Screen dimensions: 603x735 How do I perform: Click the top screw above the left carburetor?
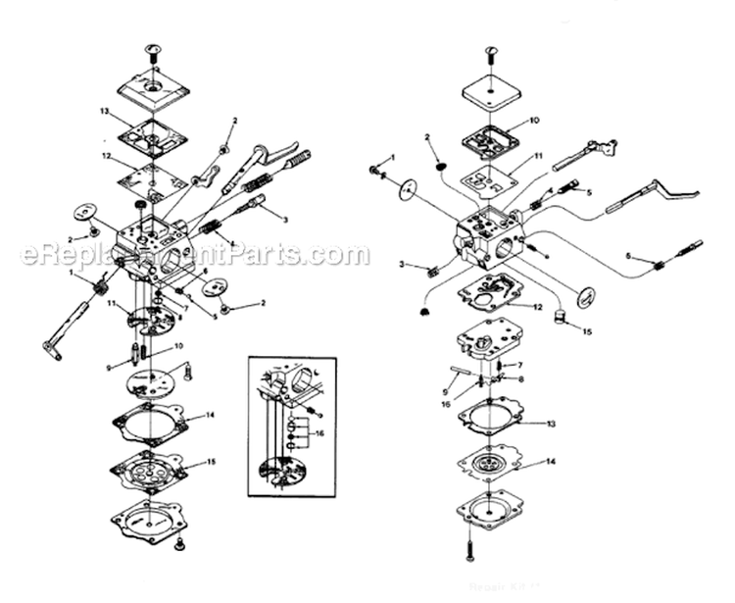[152, 49]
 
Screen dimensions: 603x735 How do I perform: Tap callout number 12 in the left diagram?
[105, 155]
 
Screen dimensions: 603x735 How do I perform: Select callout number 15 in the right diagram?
[586, 332]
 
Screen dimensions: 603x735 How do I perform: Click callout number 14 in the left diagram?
[210, 417]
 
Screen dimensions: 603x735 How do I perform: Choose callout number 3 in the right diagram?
[402, 266]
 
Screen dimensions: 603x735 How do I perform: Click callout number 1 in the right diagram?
[392, 157]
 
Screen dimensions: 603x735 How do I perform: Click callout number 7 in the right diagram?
[520, 365]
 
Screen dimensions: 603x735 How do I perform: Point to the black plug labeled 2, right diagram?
[439, 166]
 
